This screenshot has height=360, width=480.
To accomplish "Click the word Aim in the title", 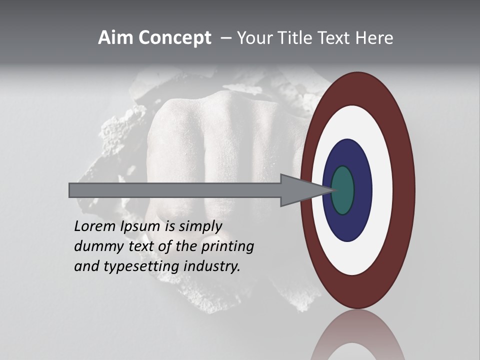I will (115, 38).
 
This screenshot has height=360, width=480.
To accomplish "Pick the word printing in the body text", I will (227, 246).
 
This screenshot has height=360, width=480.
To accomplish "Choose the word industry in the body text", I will (212, 266).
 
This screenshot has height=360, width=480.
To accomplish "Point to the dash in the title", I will (226, 38).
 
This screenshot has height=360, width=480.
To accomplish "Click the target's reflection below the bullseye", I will (357, 337).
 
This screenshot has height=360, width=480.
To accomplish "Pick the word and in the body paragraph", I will (86, 266).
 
